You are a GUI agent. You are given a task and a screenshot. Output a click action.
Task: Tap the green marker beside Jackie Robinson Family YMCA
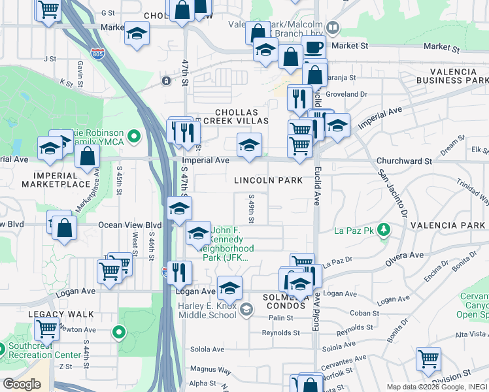click(135, 137)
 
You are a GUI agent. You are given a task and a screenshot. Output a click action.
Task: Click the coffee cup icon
click(313, 47)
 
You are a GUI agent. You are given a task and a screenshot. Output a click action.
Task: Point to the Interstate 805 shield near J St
click(97, 54)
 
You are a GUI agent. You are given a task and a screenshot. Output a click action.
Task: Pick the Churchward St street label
click(403, 161)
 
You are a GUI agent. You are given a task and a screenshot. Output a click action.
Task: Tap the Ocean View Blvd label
click(129, 224)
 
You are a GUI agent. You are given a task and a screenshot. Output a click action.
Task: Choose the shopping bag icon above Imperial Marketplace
click(87, 157)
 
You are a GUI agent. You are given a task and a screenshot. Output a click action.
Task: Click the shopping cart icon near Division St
click(428, 359)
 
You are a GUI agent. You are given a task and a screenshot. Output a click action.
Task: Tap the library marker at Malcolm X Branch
click(333, 27)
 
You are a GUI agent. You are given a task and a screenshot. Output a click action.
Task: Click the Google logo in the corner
click(22, 384)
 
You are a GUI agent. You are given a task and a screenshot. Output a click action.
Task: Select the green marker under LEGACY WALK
click(118, 333)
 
